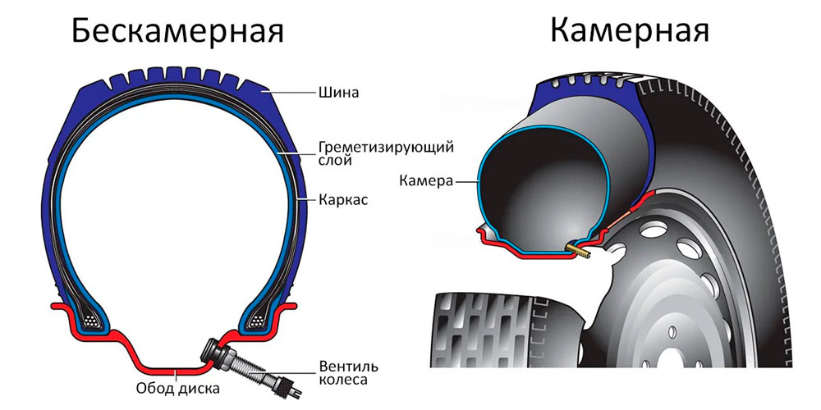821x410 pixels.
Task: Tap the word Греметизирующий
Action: coord(386,148)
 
